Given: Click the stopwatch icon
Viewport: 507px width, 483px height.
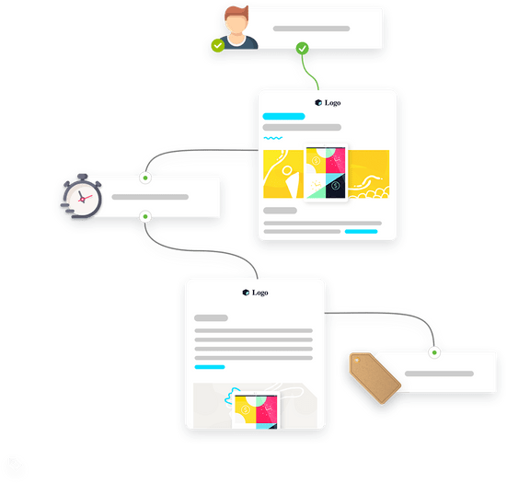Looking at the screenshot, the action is [82, 197].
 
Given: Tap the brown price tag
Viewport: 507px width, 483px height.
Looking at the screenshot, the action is [375, 377].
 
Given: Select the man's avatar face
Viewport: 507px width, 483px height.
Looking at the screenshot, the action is [237, 24].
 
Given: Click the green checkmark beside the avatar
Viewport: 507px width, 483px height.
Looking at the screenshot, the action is [217, 46].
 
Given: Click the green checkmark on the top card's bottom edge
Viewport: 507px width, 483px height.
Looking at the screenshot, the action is [303, 49].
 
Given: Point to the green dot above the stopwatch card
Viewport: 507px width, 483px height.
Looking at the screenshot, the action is [145, 178].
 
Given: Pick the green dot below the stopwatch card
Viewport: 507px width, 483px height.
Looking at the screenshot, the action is [145, 216].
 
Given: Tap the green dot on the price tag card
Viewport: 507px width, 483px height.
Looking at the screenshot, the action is [434, 352].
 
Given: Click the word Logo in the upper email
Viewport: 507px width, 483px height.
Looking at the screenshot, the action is [333, 103].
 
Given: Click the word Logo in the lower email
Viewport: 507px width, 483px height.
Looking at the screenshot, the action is [260, 293].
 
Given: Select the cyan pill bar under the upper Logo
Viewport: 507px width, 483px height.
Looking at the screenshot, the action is [283, 117].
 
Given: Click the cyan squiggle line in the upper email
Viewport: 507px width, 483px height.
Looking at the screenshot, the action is [273, 138].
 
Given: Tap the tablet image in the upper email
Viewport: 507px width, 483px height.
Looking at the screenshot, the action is [326, 173].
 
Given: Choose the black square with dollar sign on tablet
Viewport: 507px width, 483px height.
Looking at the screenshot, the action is [336, 186].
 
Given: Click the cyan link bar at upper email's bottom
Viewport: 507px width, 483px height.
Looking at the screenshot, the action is [362, 232].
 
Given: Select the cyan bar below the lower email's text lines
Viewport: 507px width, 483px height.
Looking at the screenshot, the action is [210, 367].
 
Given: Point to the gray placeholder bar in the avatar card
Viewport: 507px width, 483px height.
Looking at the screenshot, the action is [311, 29].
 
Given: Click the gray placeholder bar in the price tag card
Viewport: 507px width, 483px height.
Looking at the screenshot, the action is [439, 374].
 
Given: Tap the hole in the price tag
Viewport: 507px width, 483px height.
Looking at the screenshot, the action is [357, 360].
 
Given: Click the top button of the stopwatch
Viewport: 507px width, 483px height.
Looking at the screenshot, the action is [83, 177].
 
